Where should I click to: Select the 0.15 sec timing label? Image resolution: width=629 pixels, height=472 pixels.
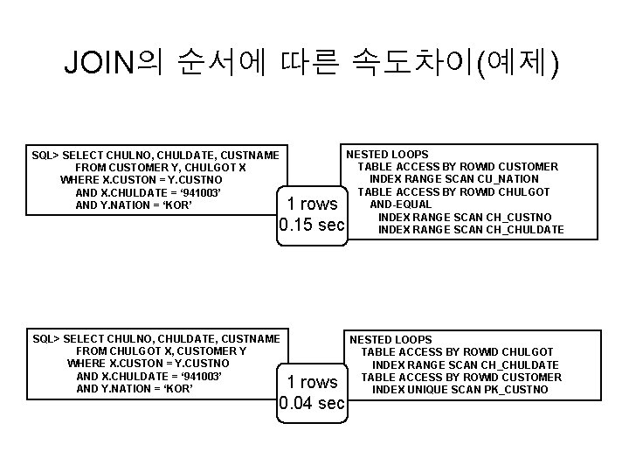pos(312,226)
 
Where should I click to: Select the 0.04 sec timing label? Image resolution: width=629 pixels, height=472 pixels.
pos(312,403)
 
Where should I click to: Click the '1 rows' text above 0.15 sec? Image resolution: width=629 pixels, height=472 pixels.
pos(312,204)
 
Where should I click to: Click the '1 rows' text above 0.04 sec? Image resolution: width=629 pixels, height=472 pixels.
pos(312,382)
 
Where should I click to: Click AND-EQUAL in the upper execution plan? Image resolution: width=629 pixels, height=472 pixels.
pos(401,205)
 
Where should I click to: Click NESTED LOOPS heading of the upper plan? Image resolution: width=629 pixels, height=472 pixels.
pos(388,154)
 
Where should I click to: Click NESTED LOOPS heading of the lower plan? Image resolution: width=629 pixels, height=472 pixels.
pos(391,339)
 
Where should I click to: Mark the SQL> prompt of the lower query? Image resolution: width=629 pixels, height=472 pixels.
pos(45,338)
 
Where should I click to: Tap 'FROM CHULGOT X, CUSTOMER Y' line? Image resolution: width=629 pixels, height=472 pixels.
pos(161,351)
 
